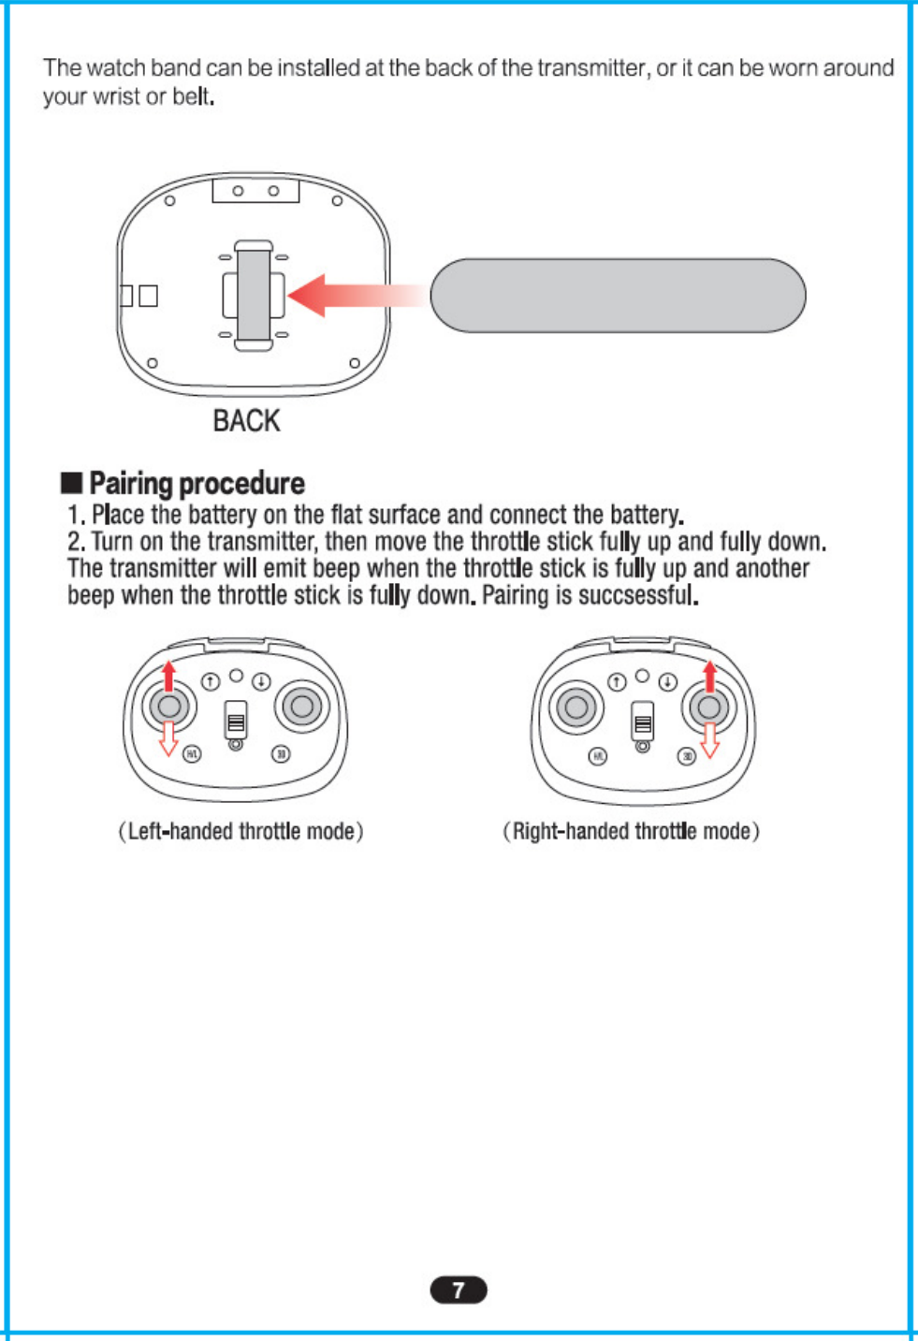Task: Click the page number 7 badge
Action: (x=459, y=1290)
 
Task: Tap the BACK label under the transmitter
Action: (x=246, y=421)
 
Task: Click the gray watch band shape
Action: (x=618, y=296)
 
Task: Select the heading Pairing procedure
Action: (x=197, y=483)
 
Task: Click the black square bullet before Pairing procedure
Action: (x=71, y=483)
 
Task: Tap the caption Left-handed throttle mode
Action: (x=240, y=831)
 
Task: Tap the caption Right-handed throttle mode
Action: (x=631, y=831)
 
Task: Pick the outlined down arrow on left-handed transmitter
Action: (x=168, y=737)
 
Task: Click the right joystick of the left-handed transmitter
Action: (x=302, y=707)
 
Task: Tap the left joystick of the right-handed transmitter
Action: (x=576, y=707)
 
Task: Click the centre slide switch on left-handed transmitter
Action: (x=236, y=721)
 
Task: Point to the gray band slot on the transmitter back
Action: (x=254, y=296)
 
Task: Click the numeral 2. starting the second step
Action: (x=77, y=542)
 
